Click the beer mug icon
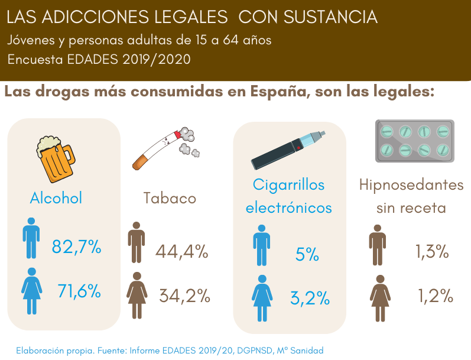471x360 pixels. pos(56,159)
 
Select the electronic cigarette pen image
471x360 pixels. pos(288,150)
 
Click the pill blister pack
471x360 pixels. pos(414,141)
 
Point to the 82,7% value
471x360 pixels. pos(76,247)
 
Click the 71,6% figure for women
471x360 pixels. pos(79,291)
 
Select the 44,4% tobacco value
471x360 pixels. pos(182,251)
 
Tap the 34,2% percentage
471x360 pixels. pos(185,296)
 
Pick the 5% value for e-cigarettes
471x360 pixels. pos(307,254)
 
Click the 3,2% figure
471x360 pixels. pos(310,299)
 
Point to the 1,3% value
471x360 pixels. pos(432,251)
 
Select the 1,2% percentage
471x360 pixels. pos(436,296)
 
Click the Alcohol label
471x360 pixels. pos(56,198)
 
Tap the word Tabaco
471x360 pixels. pos(170,198)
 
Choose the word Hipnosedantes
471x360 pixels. pos(411,185)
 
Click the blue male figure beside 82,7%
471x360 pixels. pos(31,238)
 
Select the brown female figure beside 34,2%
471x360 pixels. pos(137,296)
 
